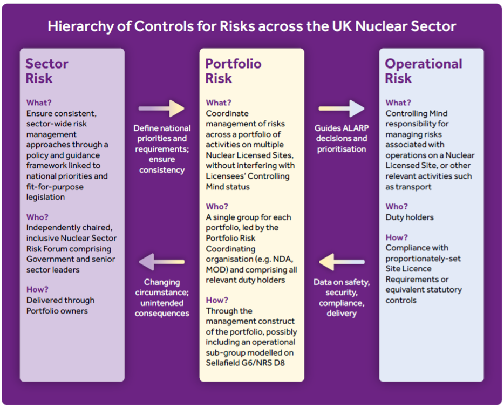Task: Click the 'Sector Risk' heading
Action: pos(47,71)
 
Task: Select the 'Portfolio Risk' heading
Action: pos(233,71)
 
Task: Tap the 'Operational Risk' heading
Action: pos(424,71)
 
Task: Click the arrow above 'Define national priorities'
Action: pos(161,108)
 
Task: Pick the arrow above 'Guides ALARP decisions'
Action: pos(342,108)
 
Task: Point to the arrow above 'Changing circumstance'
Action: pos(161,262)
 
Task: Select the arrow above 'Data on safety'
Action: pos(342,262)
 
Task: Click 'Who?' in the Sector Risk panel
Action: pos(37,217)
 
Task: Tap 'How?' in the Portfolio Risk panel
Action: pos(217,300)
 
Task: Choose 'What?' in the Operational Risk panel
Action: pos(398,103)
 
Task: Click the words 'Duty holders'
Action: pos(410,217)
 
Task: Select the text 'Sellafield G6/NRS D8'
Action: pos(245,363)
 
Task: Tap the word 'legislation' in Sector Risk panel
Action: pos(46,197)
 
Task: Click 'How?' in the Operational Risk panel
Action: pos(397,237)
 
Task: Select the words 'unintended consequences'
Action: pos(162,308)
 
